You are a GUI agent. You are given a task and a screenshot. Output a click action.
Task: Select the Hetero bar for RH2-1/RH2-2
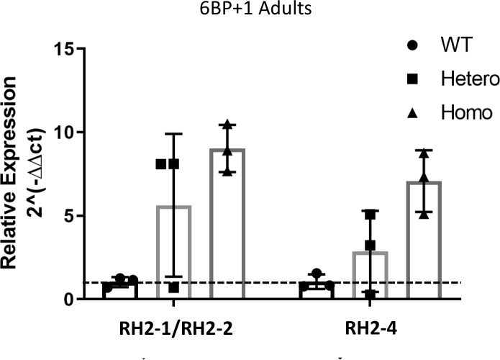coord(173,252)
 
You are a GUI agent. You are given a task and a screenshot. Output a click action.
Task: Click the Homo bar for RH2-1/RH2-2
coord(227,223)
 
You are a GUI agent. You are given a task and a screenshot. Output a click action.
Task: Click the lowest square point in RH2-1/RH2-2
coord(173,287)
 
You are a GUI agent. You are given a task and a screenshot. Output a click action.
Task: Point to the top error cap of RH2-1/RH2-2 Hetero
coord(173,134)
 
